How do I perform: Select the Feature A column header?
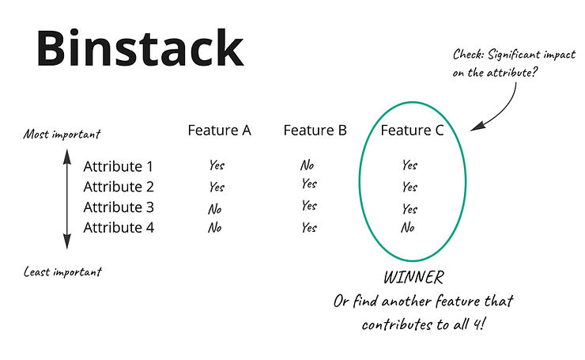[x=219, y=131]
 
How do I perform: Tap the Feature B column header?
[x=315, y=131]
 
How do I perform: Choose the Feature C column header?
[x=412, y=131]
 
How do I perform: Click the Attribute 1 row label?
[x=119, y=167]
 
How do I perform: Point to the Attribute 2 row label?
[x=119, y=188]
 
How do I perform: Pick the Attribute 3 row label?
[x=119, y=208]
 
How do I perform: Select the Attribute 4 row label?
[x=119, y=228]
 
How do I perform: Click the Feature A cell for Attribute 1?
[x=217, y=166]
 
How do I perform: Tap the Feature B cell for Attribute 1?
[x=307, y=166]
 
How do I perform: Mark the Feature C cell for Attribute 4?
[x=407, y=228]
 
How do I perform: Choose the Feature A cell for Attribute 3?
[x=214, y=209]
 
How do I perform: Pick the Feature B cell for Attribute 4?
[x=308, y=228]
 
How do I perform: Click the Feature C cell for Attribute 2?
[x=409, y=188]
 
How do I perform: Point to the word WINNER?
[x=413, y=279]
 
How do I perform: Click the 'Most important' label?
[x=62, y=134]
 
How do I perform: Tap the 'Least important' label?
[x=62, y=272]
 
